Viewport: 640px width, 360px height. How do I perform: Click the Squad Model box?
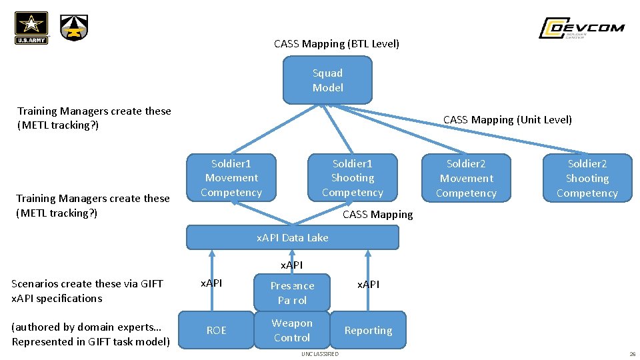tap(327, 81)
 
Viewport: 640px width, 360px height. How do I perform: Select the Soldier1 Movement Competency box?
tap(231, 178)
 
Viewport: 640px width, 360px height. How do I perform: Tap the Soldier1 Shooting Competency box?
tap(352, 178)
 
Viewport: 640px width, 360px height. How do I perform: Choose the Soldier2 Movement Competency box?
tap(466, 179)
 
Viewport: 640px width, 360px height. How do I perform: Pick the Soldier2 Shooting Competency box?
tap(587, 179)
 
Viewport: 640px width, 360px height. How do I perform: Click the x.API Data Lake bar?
tap(292, 237)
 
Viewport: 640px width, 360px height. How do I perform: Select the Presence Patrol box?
tap(292, 293)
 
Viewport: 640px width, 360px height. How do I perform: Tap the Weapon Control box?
tap(292, 331)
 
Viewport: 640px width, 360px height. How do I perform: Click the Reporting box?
tap(368, 330)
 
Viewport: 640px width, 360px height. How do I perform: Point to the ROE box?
tap(216, 330)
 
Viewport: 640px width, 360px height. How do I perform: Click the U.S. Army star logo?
tap(31, 28)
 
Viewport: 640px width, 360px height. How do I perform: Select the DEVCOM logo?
tap(581, 28)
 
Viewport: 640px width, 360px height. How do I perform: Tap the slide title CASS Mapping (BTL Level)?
tap(337, 44)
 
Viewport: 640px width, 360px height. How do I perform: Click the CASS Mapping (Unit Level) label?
tap(507, 120)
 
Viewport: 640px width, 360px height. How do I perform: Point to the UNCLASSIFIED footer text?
tap(319, 354)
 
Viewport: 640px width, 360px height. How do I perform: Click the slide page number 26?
tap(631, 354)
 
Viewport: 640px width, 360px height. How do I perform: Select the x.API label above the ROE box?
tap(212, 283)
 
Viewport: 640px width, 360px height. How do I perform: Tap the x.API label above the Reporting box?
tap(368, 285)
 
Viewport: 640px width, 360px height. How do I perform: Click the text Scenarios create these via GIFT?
tap(87, 284)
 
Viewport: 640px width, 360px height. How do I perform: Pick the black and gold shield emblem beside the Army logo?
tap(74, 28)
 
